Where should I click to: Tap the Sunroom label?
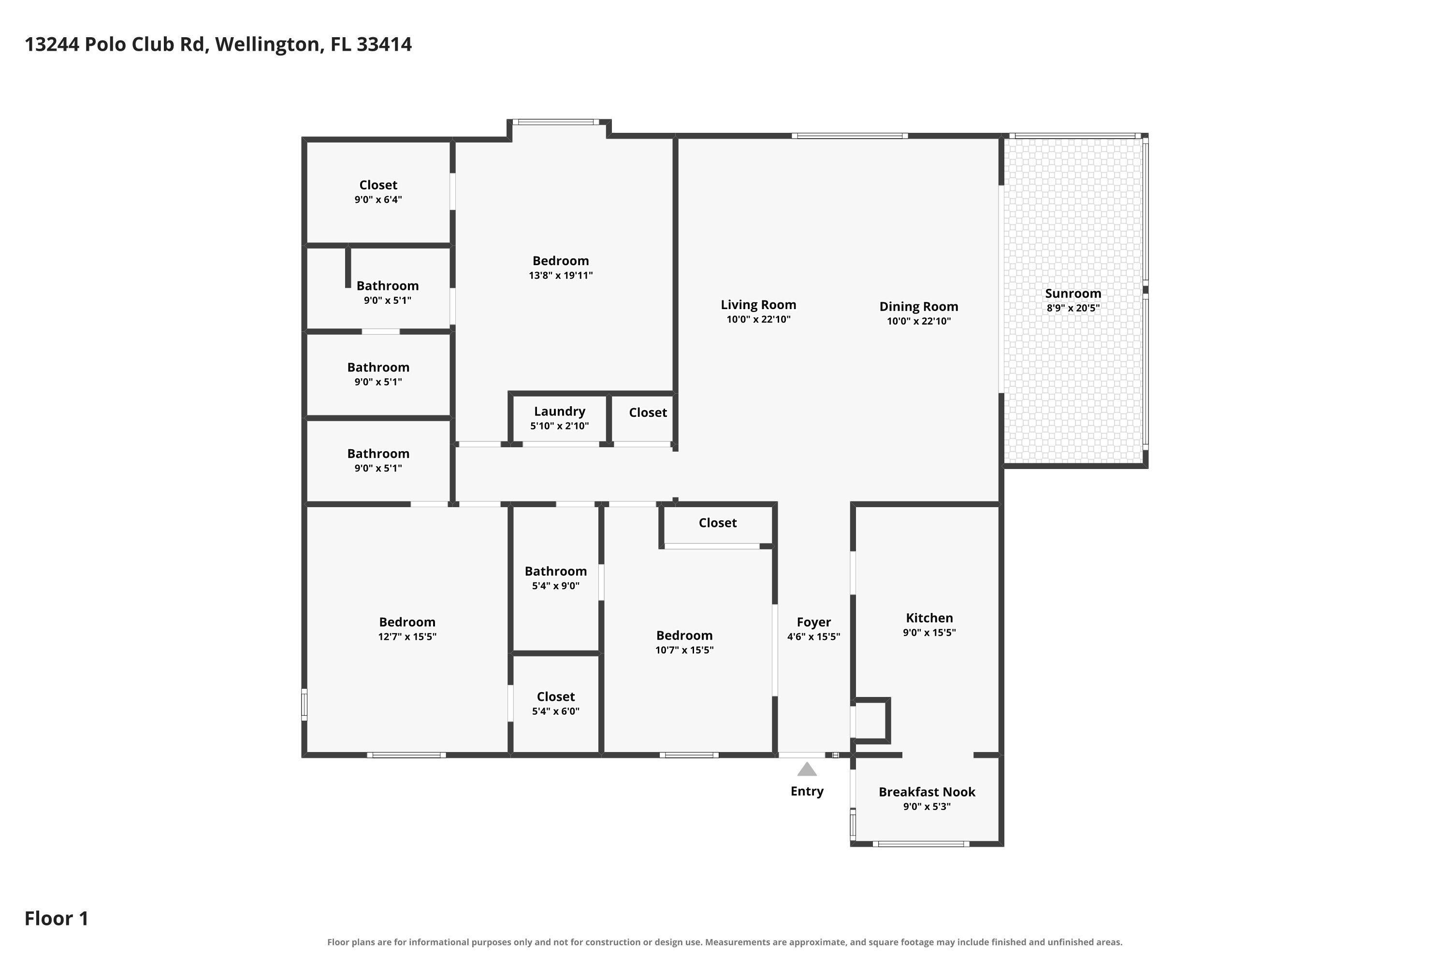(x=1073, y=294)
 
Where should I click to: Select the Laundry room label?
(x=559, y=412)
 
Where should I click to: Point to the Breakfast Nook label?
(x=927, y=792)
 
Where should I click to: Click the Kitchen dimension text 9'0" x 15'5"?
(x=929, y=633)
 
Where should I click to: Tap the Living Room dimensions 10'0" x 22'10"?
(x=758, y=320)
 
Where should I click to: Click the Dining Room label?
(x=919, y=307)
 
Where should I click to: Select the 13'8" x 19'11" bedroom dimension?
(x=560, y=275)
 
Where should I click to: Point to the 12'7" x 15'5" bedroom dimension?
(x=407, y=637)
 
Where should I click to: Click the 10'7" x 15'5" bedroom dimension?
(x=684, y=650)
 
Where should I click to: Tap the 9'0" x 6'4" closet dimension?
(x=378, y=199)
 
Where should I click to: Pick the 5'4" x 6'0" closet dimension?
(x=555, y=711)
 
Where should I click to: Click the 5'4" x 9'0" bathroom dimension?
(x=555, y=586)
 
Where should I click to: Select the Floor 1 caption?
(x=56, y=919)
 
